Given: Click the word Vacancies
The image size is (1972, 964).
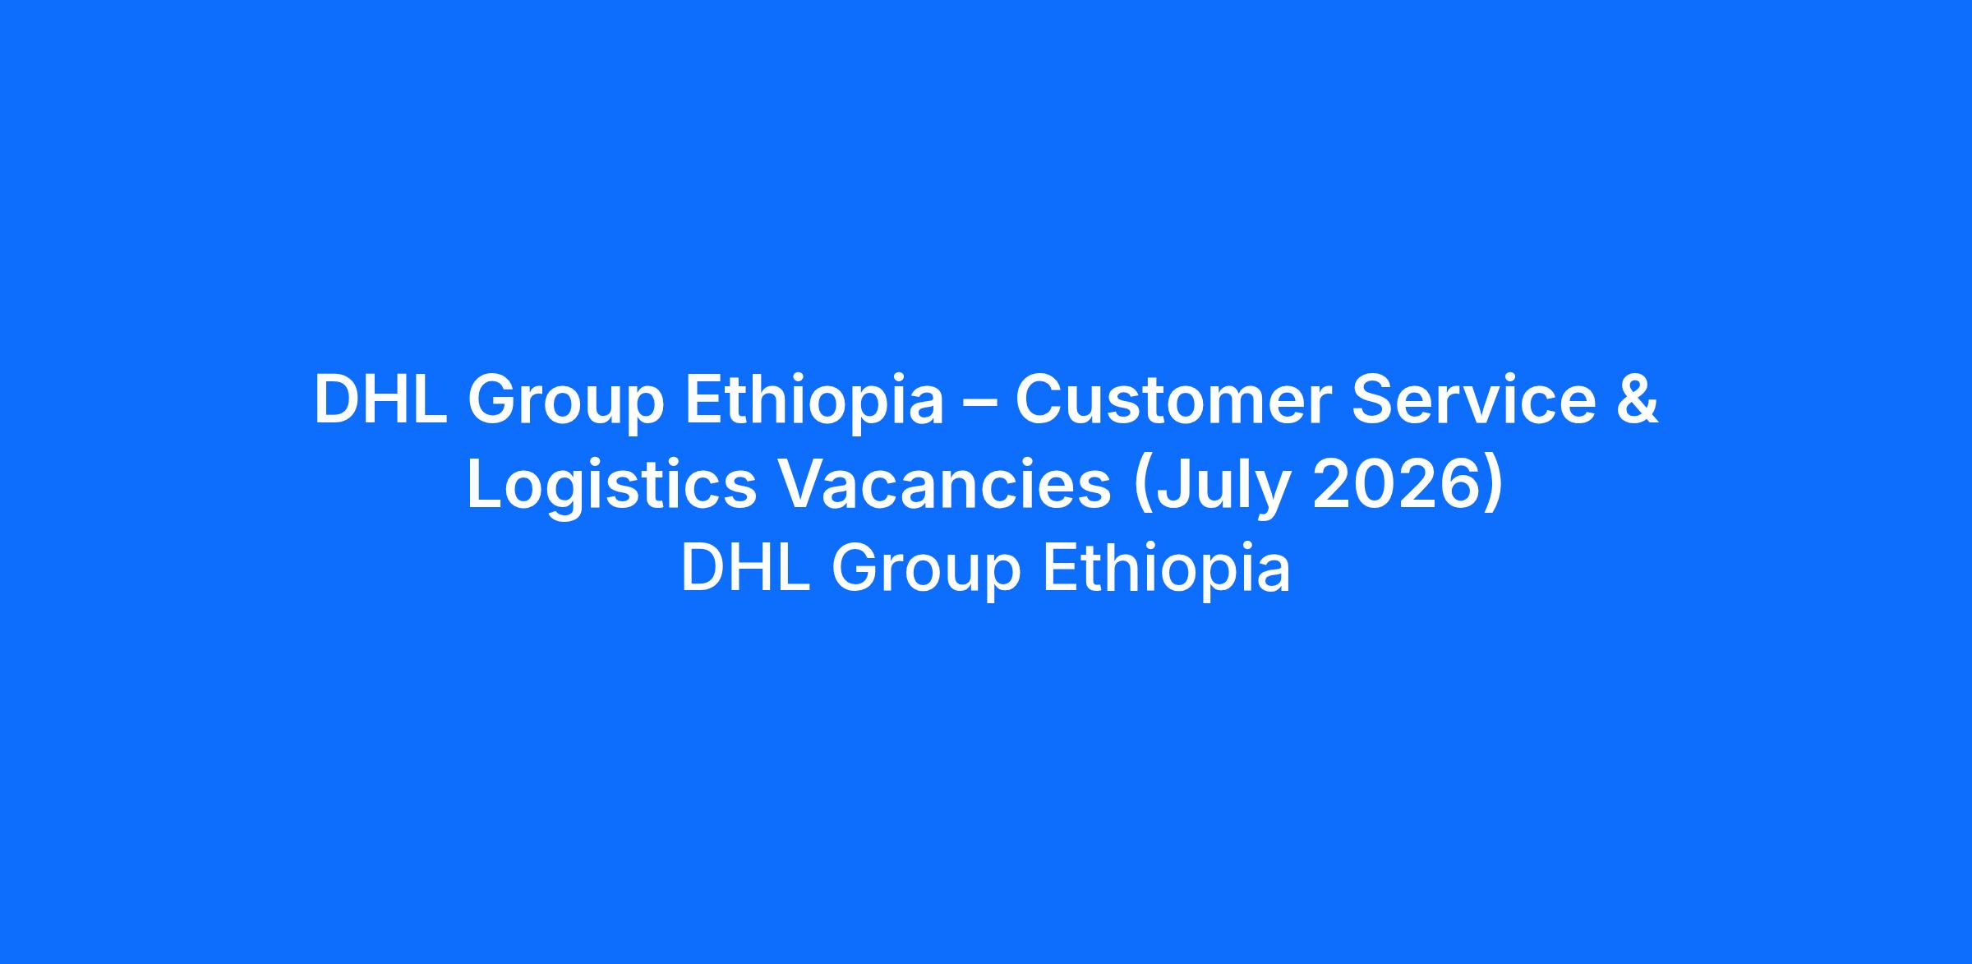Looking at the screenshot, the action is point(944,484).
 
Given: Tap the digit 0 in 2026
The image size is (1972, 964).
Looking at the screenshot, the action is point(1376,484).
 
